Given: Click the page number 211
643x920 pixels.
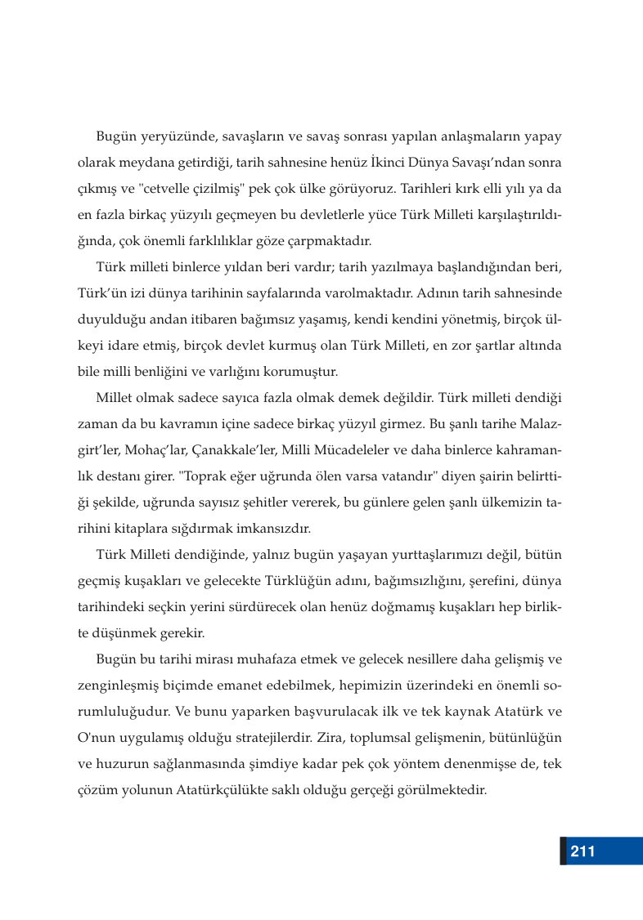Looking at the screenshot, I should tap(582, 851).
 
